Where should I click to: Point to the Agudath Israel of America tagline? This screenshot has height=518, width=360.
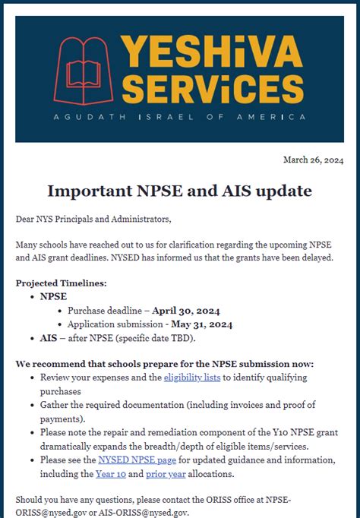click(180, 118)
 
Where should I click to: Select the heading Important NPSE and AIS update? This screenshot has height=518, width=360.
click(180, 190)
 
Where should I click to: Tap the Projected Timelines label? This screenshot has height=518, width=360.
click(62, 283)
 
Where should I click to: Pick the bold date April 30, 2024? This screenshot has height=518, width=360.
click(187, 311)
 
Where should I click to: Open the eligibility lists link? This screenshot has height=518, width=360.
click(193, 377)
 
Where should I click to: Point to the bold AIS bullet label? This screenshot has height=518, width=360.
click(49, 338)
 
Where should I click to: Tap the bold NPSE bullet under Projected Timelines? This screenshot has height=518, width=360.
click(53, 297)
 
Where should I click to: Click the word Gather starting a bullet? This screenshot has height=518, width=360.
click(56, 405)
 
